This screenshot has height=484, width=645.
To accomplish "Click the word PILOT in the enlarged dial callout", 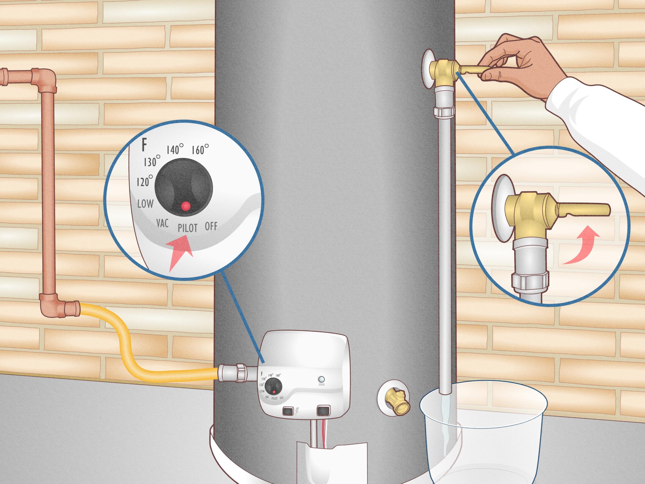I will pos(187,228).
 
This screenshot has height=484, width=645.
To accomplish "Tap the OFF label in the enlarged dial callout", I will pos(211,226).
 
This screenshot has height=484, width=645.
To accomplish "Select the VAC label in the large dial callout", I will pos(163,224).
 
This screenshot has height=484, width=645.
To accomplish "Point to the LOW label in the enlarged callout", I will pos(145,203).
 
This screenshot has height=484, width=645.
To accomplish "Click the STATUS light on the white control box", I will pos(322,379).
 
